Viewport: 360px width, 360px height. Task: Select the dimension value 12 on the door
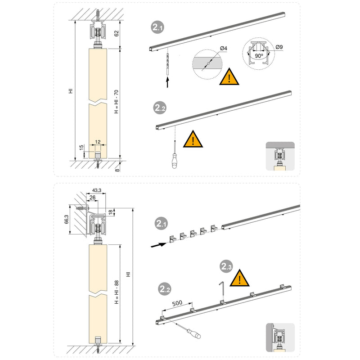click(98, 141)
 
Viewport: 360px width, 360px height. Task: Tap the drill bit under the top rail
click(167, 63)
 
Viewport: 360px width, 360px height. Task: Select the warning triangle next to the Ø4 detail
click(230, 78)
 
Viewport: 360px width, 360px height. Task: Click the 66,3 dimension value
click(66, 219)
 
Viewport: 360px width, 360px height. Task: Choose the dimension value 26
click(93, 198)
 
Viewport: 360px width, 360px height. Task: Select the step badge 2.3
click(226, 267)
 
